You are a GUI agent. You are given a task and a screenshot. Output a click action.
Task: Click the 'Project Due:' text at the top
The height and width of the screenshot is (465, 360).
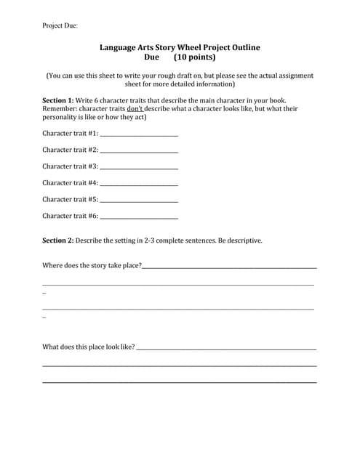pyautogui.click(x=60, y=25)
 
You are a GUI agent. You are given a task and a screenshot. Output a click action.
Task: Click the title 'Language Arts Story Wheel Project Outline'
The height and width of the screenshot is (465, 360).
pyautogui.click(x=180, y=47)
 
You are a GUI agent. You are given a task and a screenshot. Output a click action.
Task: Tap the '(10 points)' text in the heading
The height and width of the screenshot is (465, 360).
pyautogui.click(x=194, y=57)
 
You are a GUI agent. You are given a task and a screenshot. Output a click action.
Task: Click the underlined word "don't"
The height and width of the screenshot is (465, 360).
pyautogui.click(x=135, y=109)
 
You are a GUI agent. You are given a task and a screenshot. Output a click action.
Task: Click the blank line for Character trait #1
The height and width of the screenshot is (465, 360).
pyautogui.click(x=139, y=134)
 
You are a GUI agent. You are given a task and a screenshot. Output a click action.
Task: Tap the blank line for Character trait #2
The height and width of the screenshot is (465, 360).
pyautogui.click(x=139, y=150)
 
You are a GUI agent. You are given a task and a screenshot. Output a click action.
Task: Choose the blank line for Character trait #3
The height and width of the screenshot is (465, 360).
pyautogui.click(x=139, y=167)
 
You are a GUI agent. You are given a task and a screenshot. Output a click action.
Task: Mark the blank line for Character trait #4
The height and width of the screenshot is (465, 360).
pyautogui.click(x=139, y=183)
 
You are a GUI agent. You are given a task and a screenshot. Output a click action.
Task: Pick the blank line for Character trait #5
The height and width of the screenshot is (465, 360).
pyautogui.click(x=139, y=200)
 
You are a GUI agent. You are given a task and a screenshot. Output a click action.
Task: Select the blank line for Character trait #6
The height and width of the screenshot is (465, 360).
pyautogui.click(x=139, y=217)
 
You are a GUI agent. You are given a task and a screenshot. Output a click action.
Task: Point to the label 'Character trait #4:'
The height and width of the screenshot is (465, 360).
pyautogui.click(x=71, y=183)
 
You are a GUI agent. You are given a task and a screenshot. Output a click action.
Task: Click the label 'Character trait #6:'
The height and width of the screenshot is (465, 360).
pyautogui.click(x=71, y=216)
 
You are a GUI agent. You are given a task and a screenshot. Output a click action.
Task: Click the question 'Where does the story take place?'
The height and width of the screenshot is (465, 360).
pyautogui.click(x=92, y=266)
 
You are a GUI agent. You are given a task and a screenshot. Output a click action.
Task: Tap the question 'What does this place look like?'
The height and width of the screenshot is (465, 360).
pyautogui.click(x=89, y=347)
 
